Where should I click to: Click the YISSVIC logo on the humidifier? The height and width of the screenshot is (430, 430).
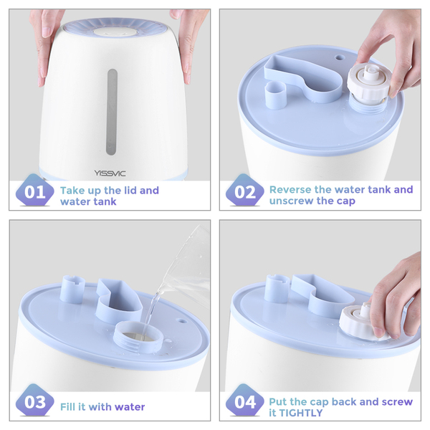110,173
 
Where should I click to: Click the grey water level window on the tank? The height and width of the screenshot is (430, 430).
112,112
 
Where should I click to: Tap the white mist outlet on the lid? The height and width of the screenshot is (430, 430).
115,32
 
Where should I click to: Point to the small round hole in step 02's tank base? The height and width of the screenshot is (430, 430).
340,57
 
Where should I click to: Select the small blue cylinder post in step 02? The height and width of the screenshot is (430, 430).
276,95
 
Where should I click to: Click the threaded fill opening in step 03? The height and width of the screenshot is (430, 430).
139,338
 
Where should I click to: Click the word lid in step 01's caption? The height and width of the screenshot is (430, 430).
130,190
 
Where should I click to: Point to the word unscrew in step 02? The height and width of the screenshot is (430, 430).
290,201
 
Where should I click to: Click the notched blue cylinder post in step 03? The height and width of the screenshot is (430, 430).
72,290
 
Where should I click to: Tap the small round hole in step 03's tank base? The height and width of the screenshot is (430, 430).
182,320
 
